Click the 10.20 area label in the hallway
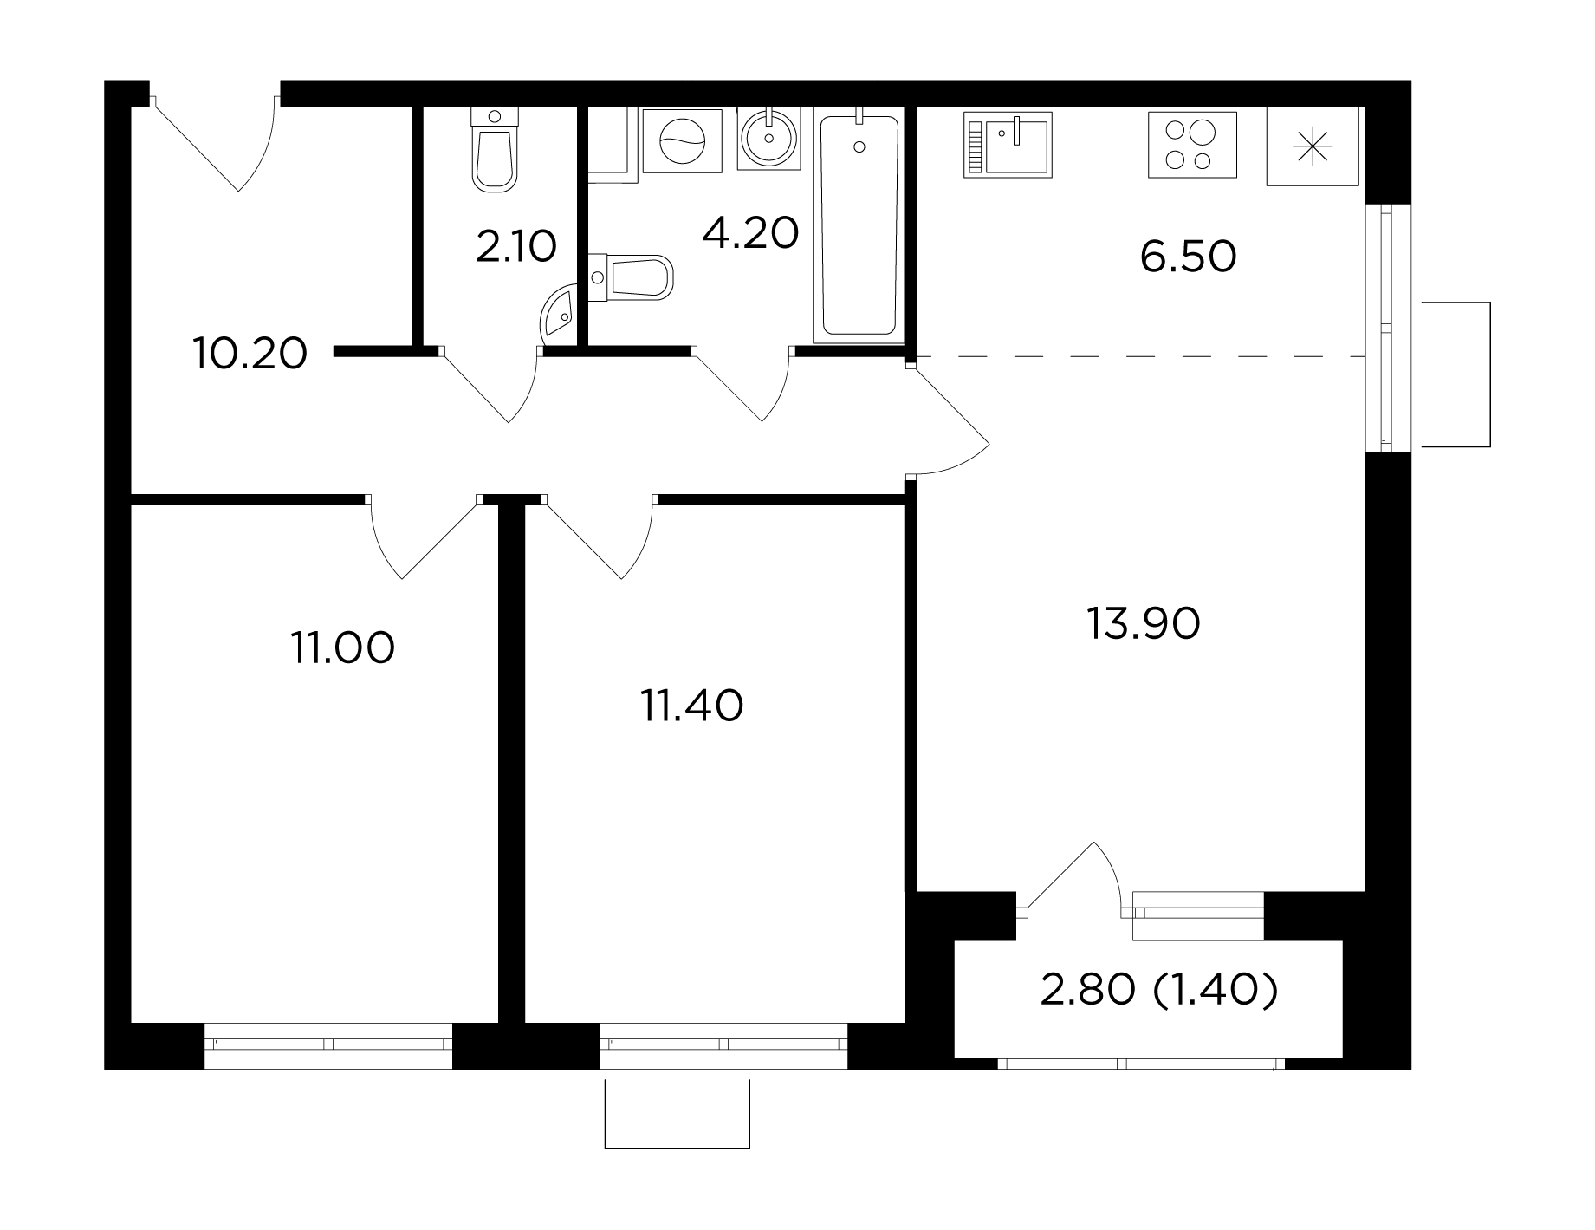point(250,355)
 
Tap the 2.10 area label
point(515,246)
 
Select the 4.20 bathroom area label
point(750,233)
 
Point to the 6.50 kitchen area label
point(1188,257)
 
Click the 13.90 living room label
point(1144,624)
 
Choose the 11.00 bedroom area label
point(343,648)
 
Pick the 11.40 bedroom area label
point(691,706)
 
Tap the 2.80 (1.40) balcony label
point(1159,991)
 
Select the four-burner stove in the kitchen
point(1192,145)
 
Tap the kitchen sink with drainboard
point(1008,145)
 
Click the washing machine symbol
point(684,140)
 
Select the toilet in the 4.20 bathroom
point(630,277)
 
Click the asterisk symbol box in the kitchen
point(1313,146)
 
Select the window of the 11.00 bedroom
point(328,1045)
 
